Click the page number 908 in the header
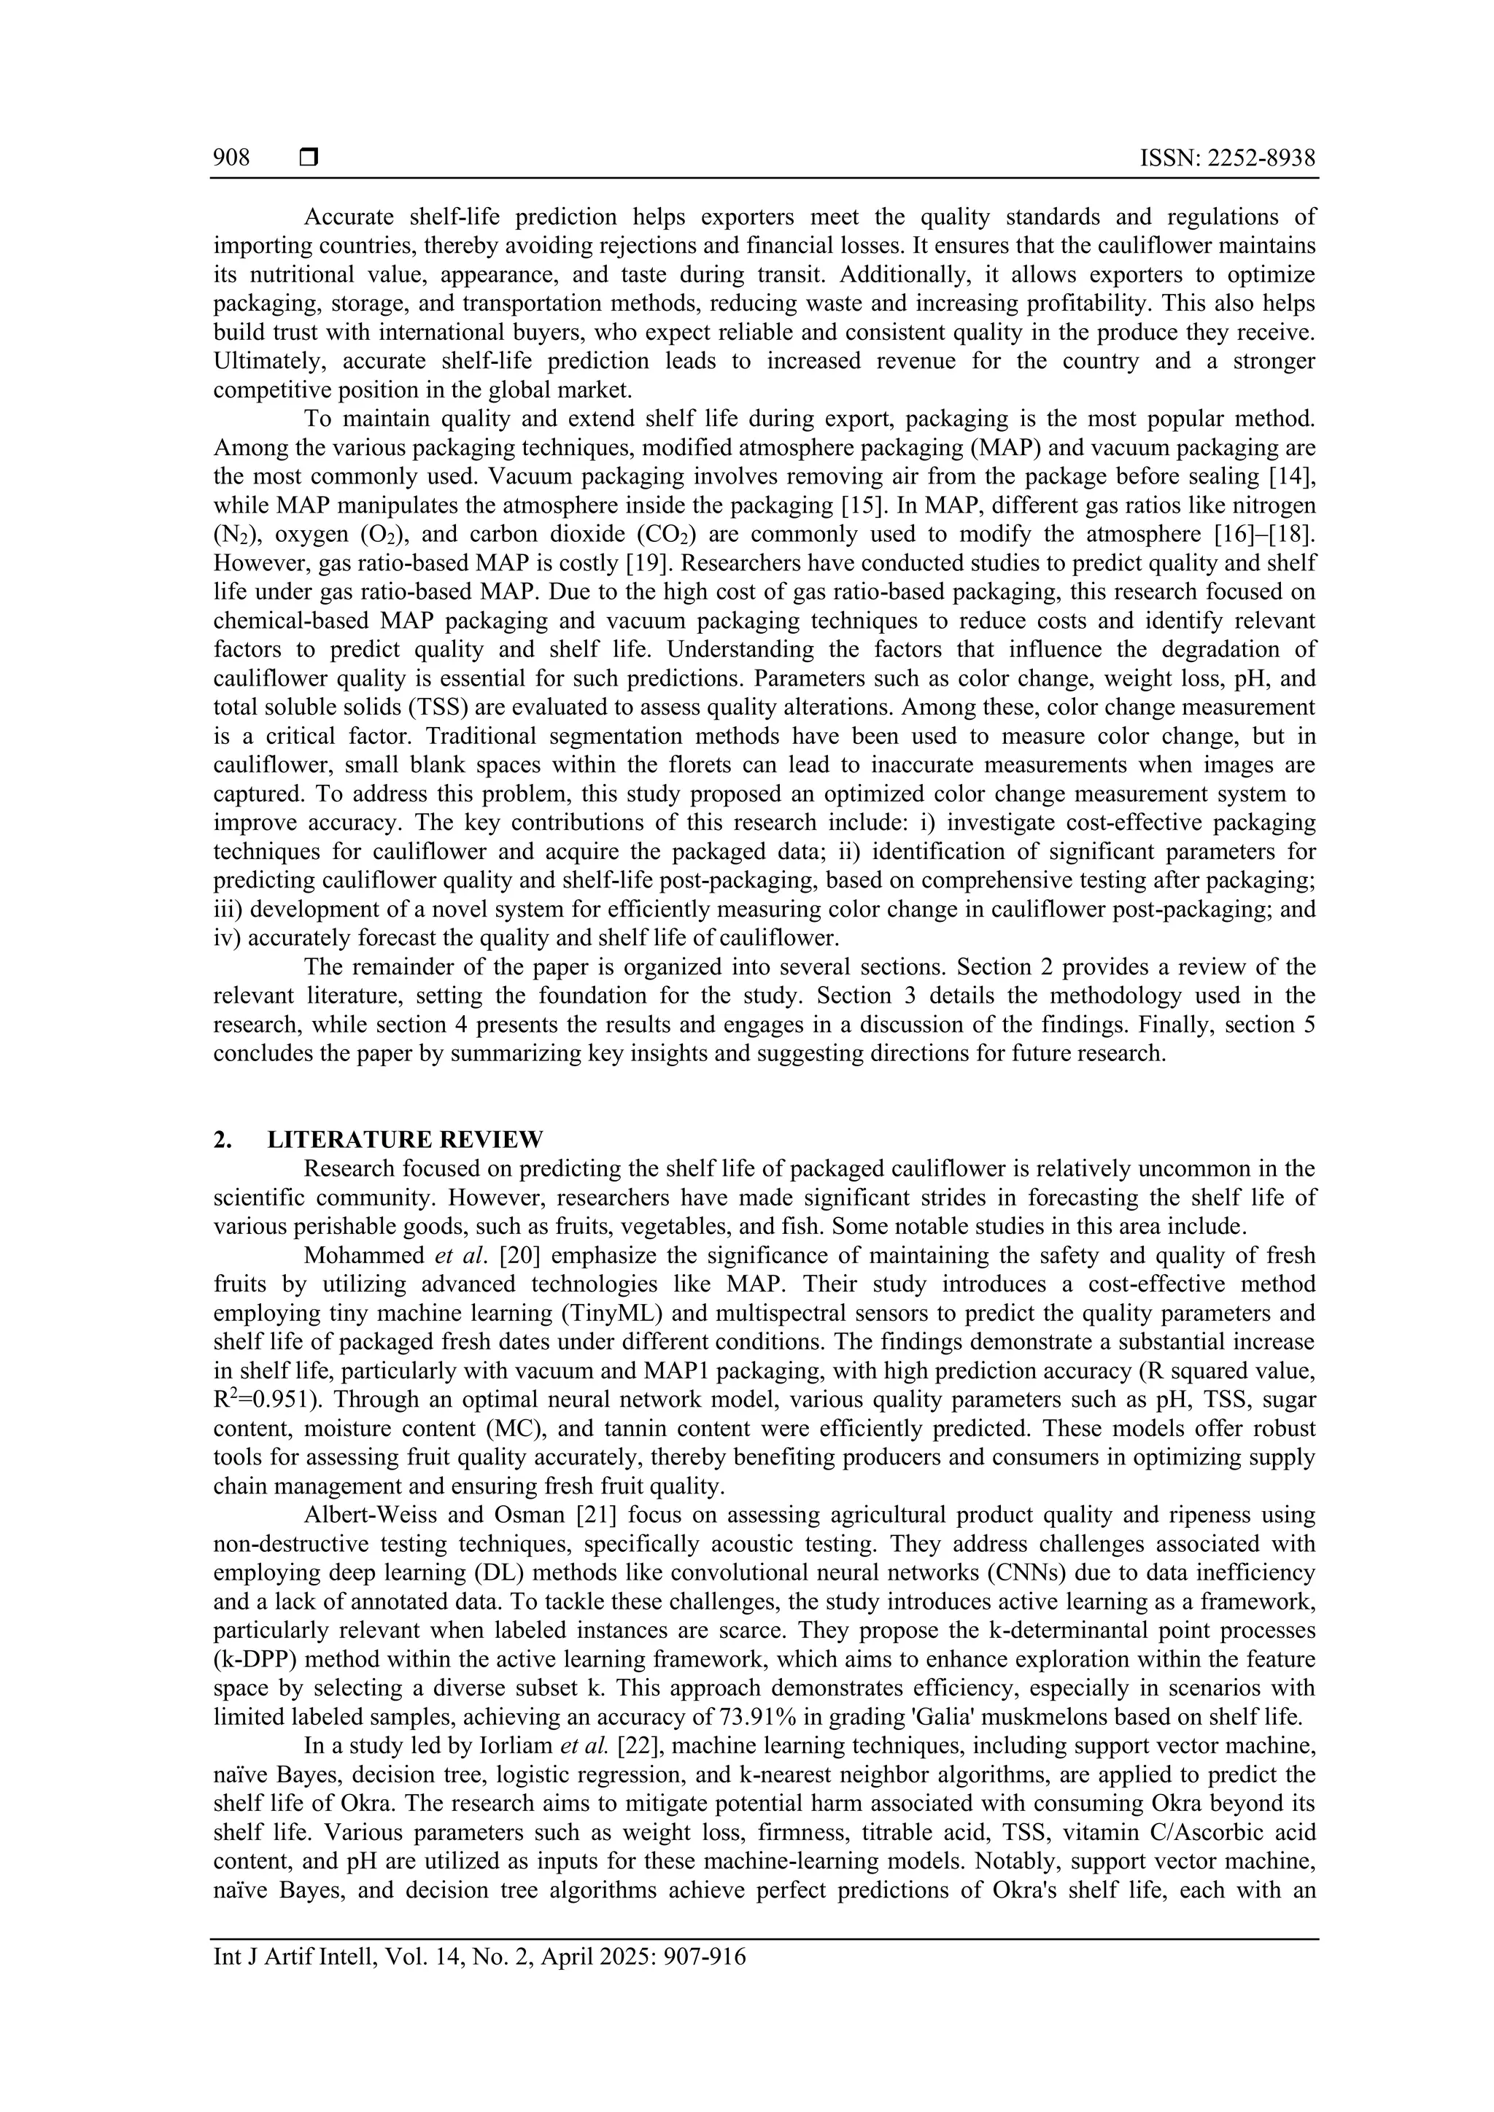[x=231, y=158]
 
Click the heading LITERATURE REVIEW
[x=405, y=1140]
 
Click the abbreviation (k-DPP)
[x=251, y=1659]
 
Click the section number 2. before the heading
[x=222, y=1140]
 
